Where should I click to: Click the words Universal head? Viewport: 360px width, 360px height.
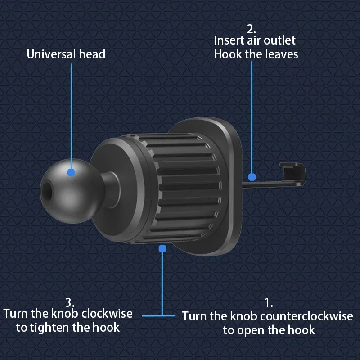(66, 54)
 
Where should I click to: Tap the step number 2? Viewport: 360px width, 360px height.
(251, 29)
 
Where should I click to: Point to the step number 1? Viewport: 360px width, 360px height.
(269, 302)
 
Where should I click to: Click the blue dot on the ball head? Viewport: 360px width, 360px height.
(71, 172)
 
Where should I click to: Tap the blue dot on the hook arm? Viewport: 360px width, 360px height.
(252, 177)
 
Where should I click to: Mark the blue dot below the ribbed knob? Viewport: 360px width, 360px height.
(162, 248)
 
